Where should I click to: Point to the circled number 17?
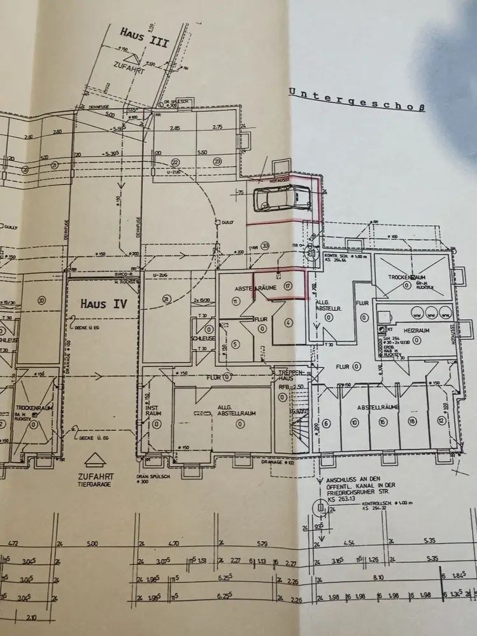click(x=288, y=287)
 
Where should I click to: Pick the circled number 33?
click(x=265, y=246)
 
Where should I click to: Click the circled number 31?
click(x=166, y=300)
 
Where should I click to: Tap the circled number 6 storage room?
click(x=325, y=423)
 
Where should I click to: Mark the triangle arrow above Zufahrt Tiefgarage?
click(x=94, y=460)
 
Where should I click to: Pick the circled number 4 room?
click(x=288, y=322)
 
